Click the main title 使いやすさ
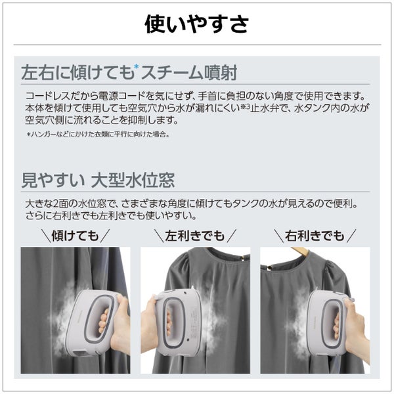[197, 24]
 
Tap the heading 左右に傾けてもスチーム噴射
[129, 73]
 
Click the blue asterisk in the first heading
[137, 66]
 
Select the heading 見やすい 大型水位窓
[98, 180]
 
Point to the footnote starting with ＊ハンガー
[98, 135]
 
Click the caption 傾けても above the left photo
[75, 236]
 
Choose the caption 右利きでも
[315, 236]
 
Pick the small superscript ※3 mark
[245, 107]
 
